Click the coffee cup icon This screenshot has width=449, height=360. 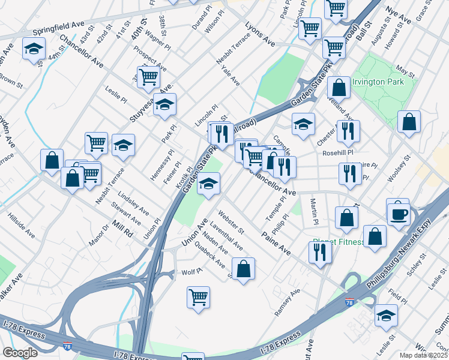click(398, 213)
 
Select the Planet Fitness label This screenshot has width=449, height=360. click(338, 242)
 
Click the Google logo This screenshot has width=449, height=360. click(20, 352)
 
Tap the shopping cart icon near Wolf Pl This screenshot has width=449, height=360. click(199, 296)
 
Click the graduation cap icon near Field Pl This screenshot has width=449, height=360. click(386, 314)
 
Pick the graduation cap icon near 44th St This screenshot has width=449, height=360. click(34, 49)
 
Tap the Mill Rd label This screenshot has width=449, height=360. click(121, 229)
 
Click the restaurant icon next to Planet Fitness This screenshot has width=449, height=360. click(320, 253)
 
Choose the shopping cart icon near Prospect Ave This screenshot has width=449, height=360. click(148, 76)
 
